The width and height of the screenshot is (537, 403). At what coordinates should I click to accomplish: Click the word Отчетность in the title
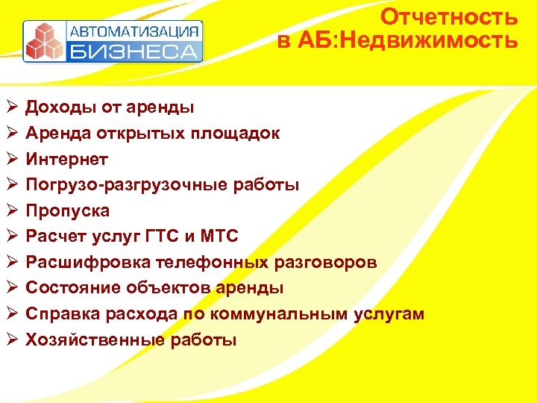(x=448, y=16)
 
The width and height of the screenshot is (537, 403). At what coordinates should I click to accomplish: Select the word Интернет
(x=67, y=159)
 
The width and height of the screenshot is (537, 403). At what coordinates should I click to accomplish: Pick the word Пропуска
(x=68, y=210)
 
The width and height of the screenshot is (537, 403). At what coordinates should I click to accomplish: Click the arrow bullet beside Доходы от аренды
(x=10, y=107)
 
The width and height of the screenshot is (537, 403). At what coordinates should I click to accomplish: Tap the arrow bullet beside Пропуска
(x=10, y=210)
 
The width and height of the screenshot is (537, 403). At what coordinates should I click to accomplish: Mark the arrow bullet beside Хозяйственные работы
(x=10, y=340)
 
